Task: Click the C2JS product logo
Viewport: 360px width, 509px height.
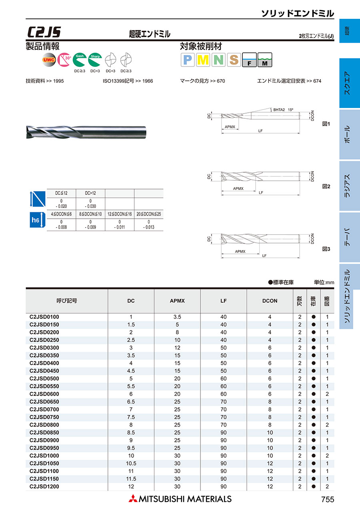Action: pyautogui.click(x=44, y=32)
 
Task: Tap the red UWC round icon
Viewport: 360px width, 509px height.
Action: pyautogui.click(x=49, y=60)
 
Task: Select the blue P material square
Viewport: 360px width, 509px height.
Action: pyautogui.click(x=188, y=60)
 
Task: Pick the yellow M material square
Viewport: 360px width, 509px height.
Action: pyautogui.click(x=203, y=60)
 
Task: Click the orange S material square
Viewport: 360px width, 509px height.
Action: pyautogui.click(x=234, y=60)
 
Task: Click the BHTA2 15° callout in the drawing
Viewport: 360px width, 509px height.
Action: pyautogui.click(x=283, y=109)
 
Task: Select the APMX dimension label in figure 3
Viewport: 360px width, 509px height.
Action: pyautogui.click(x=240, y=252)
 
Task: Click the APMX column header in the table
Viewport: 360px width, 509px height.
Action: pyautogui.click(x=177, y=301)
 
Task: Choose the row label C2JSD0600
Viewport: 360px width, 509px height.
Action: pyautogui.click(x=44, y=394)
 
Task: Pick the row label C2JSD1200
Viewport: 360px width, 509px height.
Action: pyautogui.click(x=44, y=486)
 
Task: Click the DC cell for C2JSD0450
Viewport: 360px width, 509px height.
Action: pyautogui.click(x=131, y=371)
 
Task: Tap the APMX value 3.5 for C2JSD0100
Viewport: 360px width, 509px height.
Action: pyautogui.click(x=177, y=317)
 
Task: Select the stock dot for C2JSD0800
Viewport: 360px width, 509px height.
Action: pyautogui.click(x=314, y=425)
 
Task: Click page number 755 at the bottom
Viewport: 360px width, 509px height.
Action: pyautogui.click(x=327, y=499)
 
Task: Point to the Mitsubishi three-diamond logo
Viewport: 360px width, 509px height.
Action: pyautogui.click(x=132, y=499)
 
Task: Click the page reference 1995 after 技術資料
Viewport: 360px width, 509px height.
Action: pyautogui.click(x=58, y=81)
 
